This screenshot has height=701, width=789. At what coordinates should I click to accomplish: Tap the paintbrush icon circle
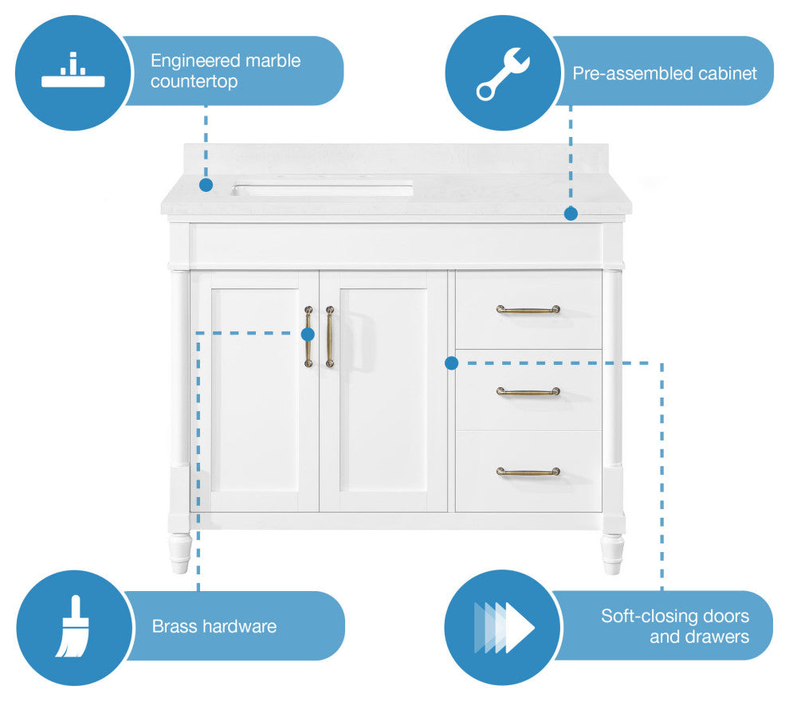(x=73, y=627)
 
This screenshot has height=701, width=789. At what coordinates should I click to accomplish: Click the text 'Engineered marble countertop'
(x=226, y=71)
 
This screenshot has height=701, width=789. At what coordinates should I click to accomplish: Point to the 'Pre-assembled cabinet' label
(x=664, y=73)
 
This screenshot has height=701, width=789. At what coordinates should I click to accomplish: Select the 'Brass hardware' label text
(x=214, y=626)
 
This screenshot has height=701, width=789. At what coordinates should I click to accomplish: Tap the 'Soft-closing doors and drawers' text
(x=674, y=626)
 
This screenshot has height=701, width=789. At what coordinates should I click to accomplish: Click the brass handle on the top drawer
(x=528, y=309)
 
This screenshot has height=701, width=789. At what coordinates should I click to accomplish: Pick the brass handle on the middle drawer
(x=528, y=391)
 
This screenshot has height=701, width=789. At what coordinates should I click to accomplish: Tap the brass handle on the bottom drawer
(x=528, y=472)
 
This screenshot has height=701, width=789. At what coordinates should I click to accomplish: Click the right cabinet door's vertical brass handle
(x=329, y=337)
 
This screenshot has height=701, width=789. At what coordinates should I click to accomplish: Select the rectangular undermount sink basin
(x=323, y=190)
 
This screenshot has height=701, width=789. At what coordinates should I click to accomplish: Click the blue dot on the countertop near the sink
(x=206, y=185)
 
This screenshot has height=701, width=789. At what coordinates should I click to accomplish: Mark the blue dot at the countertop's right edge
(x=571, y=213)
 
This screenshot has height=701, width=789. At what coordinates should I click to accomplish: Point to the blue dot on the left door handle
(x=308, y=335)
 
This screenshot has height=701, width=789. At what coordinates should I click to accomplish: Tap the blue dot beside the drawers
(x=451, y=363)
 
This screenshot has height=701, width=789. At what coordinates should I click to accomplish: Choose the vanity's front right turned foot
(x=612, y=553)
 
